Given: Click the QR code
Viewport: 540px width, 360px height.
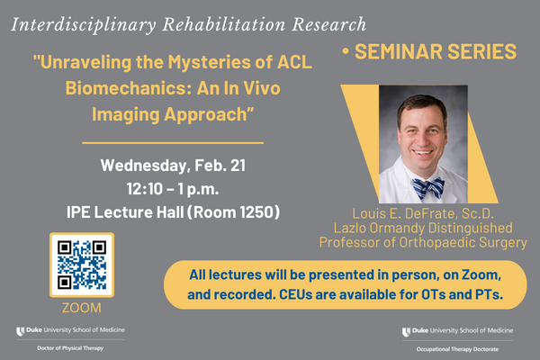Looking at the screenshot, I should [x=81, y=265].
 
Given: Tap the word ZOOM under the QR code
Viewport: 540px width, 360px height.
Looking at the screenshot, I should [x=81, y=308].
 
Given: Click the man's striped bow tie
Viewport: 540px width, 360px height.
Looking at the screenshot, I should [x=427, y=186].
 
